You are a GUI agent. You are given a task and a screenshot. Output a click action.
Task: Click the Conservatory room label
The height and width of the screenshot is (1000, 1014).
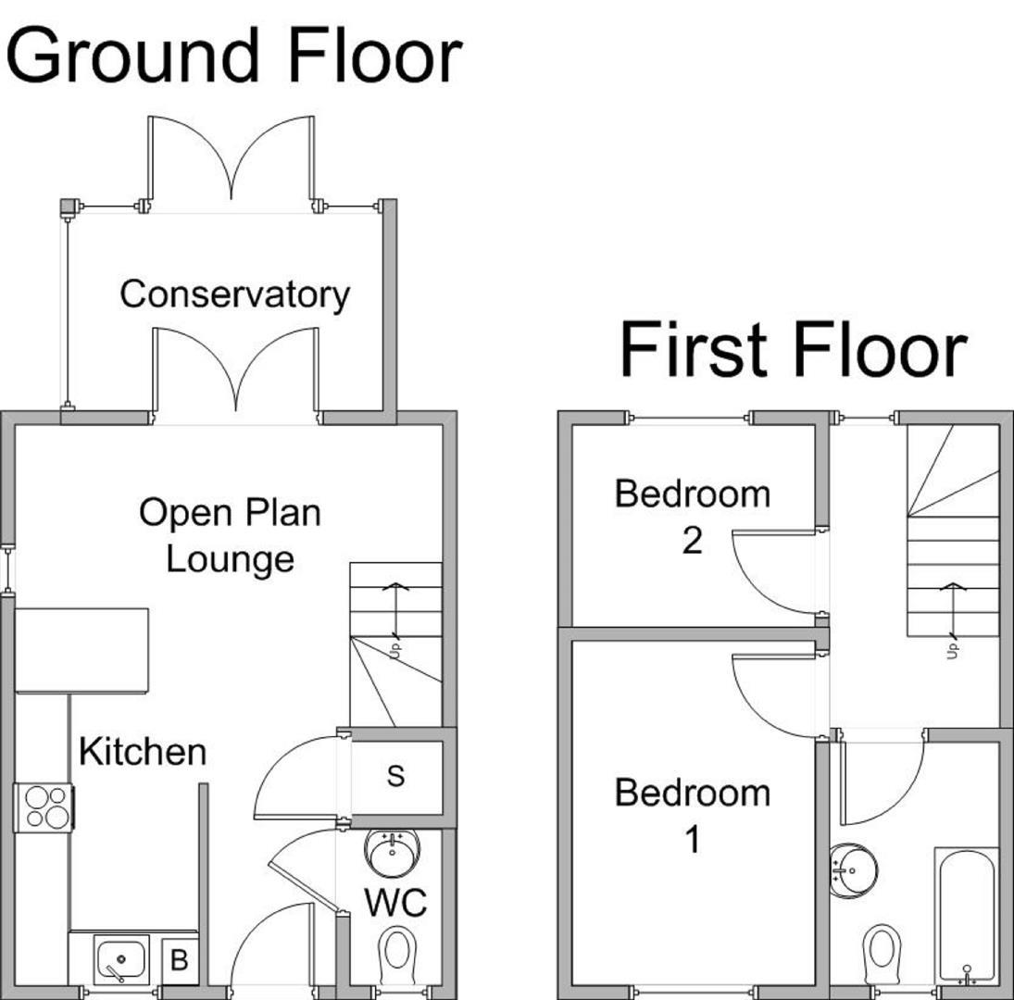coord(234,294)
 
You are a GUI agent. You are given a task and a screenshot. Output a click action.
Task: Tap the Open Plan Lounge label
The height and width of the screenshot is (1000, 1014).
coord(230,535)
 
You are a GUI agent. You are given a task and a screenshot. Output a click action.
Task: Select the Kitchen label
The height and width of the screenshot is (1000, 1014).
coord(143,751)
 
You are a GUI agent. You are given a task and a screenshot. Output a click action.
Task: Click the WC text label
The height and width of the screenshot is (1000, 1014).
coord(395,902)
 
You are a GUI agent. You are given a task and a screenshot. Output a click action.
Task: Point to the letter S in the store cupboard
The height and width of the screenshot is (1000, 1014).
coord(395,776)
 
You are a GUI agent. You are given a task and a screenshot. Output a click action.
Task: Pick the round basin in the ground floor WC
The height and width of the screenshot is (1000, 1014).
coord(392,851)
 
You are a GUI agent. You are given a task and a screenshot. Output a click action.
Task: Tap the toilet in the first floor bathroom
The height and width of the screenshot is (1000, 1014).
coord(881,952)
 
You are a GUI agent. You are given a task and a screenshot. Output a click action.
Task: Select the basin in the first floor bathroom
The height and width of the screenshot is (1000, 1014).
coord(850,870)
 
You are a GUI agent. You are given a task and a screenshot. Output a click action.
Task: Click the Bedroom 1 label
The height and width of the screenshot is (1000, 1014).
coord(692,816)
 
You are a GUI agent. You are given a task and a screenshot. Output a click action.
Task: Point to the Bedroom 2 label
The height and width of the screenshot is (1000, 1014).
coord(692,516)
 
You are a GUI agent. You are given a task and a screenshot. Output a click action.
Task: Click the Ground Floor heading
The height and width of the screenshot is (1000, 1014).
coord(233,56)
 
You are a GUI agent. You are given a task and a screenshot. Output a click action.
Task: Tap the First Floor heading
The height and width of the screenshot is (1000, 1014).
coord(793,350)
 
